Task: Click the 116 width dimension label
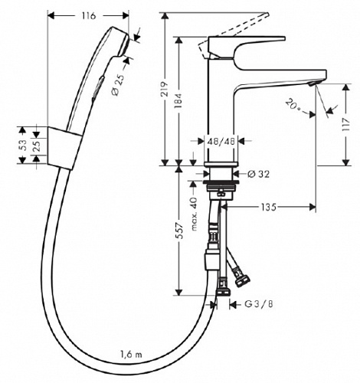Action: point(89,16)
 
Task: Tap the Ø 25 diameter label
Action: point(119,85)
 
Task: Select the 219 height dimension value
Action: point(165,89)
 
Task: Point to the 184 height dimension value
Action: point(178,100)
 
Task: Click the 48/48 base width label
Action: point(221,141)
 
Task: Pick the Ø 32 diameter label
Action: point(258,174)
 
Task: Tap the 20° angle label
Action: point(293,105)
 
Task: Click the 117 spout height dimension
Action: point(346,125)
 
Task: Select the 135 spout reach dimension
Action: point(269,207)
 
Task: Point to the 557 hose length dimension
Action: point(180,231)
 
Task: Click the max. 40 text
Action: point(194,214)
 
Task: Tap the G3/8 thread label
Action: point(259,304)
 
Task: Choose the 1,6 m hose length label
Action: point(131,355)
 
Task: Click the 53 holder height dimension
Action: point(23,145)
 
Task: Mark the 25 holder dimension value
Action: point(37,146)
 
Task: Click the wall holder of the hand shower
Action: point(64,148)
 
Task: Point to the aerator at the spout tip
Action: point(313,83)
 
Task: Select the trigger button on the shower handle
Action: point(98,87)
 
